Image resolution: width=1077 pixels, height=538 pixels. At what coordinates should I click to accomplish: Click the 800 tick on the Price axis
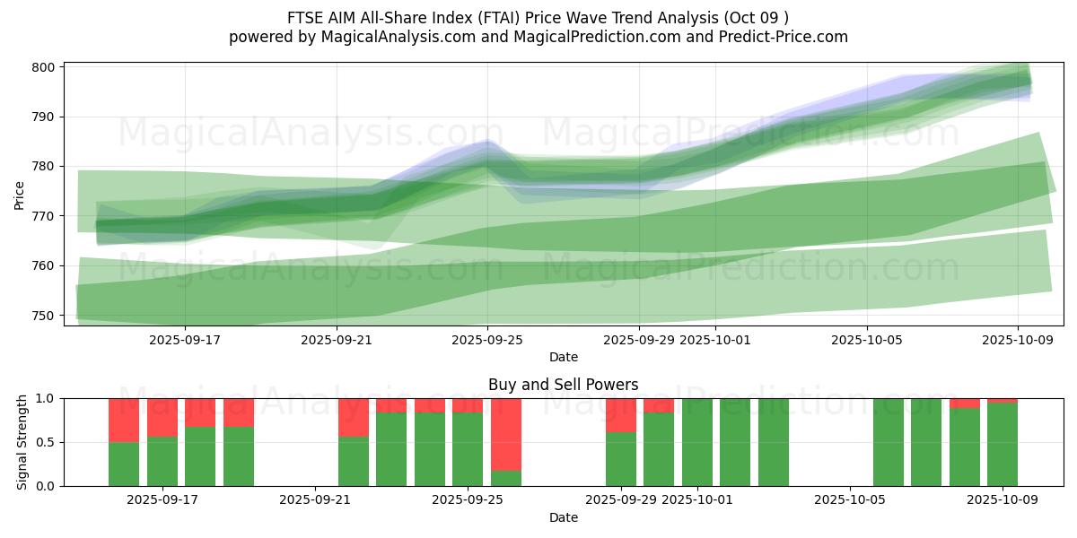[x=45, y=67]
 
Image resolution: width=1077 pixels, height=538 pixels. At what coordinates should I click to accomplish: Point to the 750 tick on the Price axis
[x=45, y=316]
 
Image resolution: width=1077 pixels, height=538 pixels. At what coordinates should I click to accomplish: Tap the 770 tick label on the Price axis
[x=45, y=216]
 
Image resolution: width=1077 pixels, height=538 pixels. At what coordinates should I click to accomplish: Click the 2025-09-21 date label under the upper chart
[x=337, y=340]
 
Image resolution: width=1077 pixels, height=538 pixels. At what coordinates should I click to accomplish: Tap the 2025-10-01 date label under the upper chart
[x=715, y=340]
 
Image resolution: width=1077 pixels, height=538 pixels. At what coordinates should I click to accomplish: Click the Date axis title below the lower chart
[x=564, y=517]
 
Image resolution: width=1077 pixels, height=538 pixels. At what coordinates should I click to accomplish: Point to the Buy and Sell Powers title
[x=564, y=385]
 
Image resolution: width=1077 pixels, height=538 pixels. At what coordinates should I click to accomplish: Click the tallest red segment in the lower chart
[x=506, y=434]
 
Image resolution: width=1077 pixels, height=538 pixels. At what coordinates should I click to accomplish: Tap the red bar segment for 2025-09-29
[x=621, y=415]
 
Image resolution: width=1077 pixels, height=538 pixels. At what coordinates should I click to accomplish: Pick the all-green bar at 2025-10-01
[x=697, y=442]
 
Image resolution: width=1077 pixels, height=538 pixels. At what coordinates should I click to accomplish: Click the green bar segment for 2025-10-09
[x=1003, y=445]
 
